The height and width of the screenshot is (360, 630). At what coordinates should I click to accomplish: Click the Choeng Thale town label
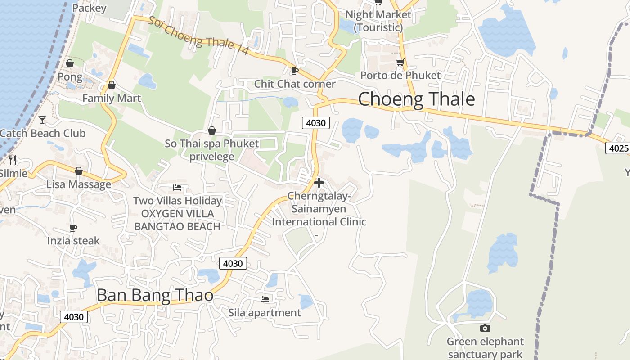(416, 99)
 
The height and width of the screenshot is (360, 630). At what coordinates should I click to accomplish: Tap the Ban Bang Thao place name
(155, 295)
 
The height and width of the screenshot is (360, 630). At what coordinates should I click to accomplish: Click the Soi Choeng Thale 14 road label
(198, 36)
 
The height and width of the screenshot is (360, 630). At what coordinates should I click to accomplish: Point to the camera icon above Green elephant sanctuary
(485, 328)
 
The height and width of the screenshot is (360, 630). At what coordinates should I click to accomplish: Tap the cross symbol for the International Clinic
(319, 183)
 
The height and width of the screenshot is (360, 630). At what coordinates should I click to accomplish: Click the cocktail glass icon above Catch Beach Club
(42, 120)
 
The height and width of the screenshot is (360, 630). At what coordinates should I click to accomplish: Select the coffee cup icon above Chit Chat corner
(294, 71)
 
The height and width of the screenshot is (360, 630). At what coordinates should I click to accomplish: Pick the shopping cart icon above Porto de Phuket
(400, 62)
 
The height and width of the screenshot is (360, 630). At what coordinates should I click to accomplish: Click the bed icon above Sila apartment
(265, 299)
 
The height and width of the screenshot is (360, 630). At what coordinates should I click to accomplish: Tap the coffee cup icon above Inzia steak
(73, 228)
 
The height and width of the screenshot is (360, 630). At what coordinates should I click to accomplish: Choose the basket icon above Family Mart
(112, 85)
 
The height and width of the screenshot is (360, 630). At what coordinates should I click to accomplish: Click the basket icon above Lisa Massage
(79, 171)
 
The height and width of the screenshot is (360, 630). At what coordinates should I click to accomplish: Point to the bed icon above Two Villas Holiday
(177, 187)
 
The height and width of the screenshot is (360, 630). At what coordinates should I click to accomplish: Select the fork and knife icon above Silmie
(13, 160)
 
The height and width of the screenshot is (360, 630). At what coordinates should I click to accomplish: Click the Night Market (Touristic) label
(378, 21)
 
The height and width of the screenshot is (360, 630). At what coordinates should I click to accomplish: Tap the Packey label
(89, 8)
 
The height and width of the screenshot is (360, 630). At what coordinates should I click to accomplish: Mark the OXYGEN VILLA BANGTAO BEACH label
(177, 220)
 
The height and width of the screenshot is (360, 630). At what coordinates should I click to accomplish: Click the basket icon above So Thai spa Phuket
(211, 130)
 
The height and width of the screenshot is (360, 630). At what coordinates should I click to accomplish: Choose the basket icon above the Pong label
(70, 63)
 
